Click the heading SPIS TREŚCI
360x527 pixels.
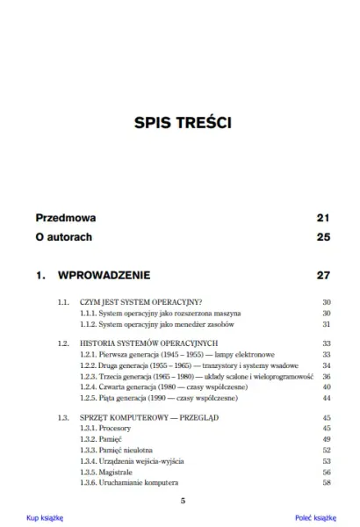[x=180, y=121]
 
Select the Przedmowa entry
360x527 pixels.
[x=66, y=217]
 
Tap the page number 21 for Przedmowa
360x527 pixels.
[x=322, y=217]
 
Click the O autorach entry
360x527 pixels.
[x=64, y=237]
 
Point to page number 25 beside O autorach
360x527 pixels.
[x=322, y=237]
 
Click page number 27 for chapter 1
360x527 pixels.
[x=322, y=276]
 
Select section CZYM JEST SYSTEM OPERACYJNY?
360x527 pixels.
[x=141, y=302]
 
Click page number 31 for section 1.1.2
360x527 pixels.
[x=325, y=323]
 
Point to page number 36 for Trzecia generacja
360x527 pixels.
[x=325, y=376]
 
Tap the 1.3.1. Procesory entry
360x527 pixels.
[x=104, y=429]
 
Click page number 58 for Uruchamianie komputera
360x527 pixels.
[x=325, y=482]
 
